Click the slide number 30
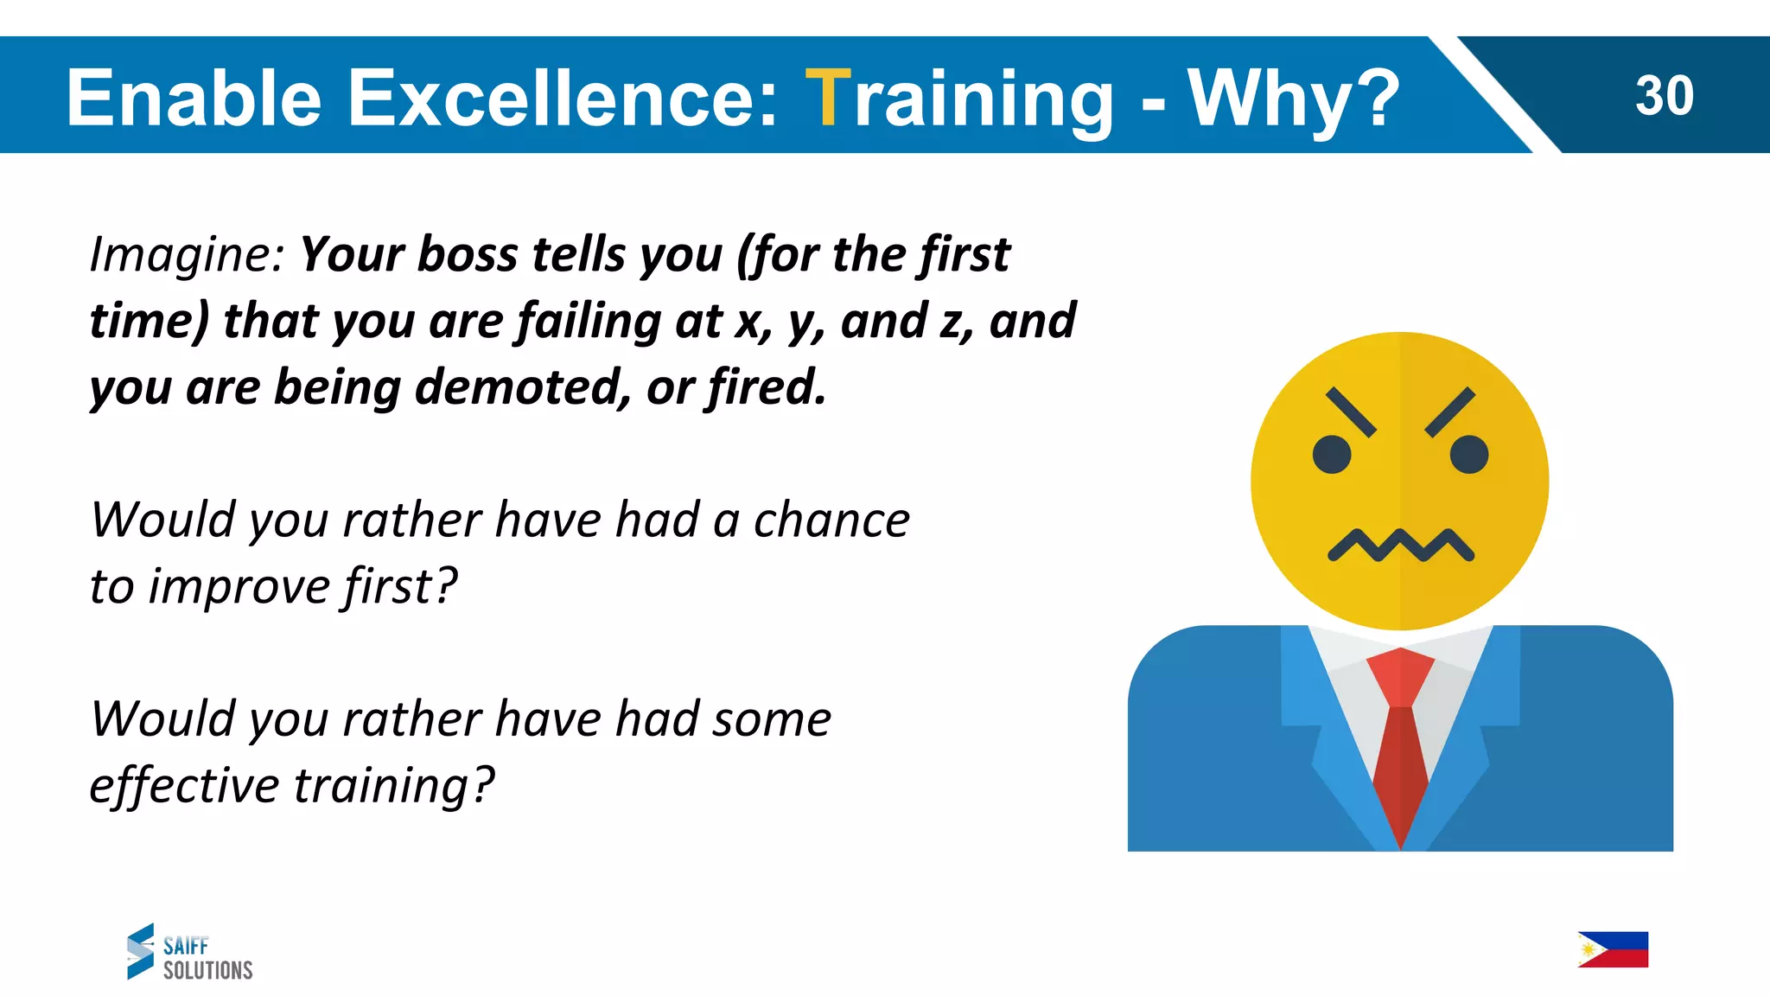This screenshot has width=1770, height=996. (x=1664, y=95)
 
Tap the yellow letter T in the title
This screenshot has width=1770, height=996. (x=828, y=98)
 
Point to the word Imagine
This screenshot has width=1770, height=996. (x=187, y=255)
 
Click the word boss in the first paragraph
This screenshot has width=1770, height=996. (x=468, y=255)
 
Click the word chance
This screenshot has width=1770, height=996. (x=831, y=520)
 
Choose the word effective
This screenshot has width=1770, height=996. (x=184, y=786)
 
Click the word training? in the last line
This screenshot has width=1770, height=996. (x=394, y=786)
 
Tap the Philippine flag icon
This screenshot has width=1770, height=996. (x=1613, y=949)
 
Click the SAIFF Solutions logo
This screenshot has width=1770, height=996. (x=190, y=952)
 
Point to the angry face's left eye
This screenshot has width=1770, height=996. (x=1332, y=455)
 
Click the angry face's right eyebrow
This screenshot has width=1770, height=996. (x=1449, y=412)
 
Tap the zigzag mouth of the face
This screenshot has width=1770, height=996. (x=1400, y=546)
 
